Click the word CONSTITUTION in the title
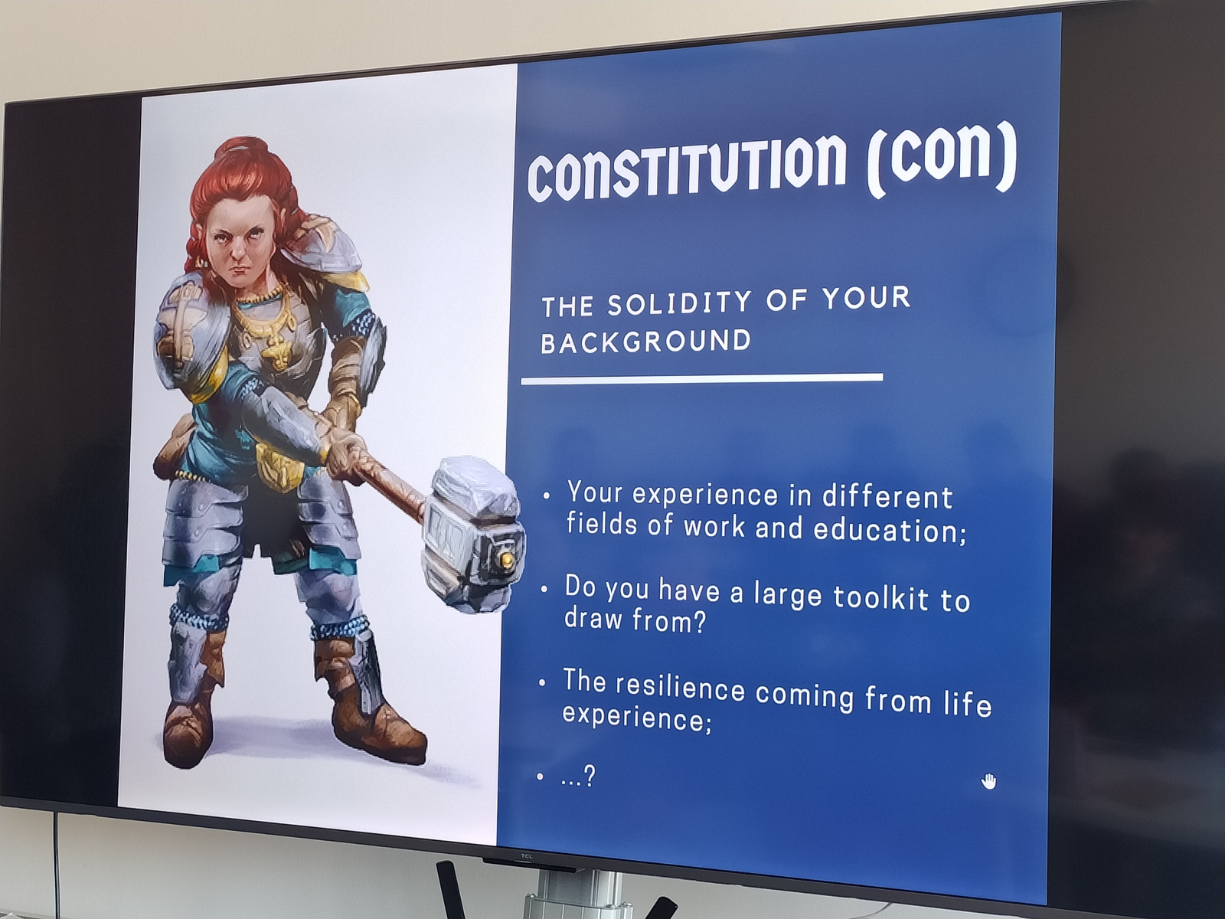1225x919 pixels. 687,168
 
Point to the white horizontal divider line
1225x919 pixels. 702,379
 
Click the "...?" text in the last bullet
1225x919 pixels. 578,776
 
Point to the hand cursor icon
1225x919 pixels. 988,781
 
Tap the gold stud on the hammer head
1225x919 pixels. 507,560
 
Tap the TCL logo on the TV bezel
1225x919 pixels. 526,856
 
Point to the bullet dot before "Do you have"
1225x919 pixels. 544,589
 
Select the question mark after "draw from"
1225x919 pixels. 699,622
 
